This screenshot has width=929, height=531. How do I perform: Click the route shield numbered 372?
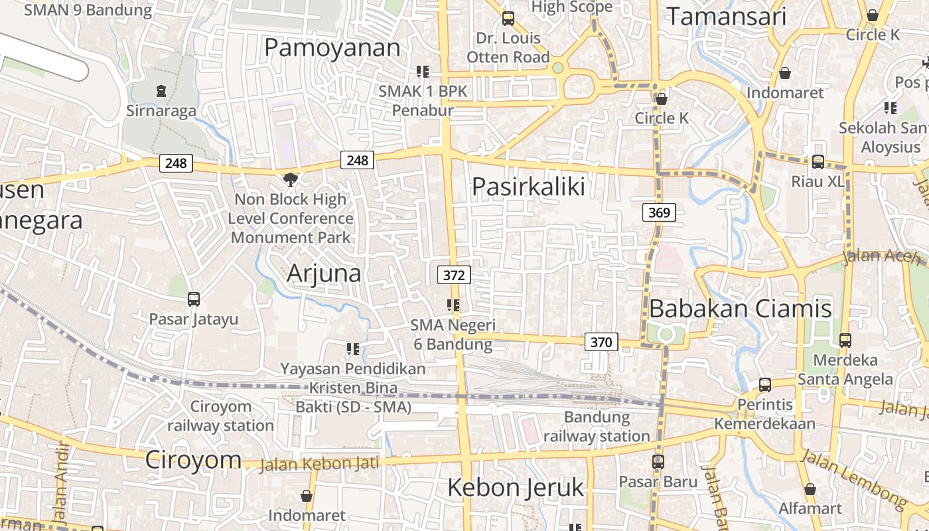454,275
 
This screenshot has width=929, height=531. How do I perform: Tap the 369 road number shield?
658,212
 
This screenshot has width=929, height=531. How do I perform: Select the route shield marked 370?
601,342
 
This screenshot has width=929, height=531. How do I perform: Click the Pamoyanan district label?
332,48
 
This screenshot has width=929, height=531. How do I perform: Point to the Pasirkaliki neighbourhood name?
528,187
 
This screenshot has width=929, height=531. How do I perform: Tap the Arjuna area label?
324,273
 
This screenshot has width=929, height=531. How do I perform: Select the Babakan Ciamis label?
740,309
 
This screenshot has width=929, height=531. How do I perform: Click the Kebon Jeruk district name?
515,487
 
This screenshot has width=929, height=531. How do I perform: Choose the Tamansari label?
726,17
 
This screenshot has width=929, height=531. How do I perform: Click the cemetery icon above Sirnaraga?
161,90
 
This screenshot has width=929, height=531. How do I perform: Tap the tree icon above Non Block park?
290,179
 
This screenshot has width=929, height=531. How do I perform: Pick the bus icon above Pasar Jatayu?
193,299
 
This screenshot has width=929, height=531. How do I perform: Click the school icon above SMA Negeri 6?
453,305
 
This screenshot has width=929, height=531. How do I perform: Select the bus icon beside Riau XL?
818,161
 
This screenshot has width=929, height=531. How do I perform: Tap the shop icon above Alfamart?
810,489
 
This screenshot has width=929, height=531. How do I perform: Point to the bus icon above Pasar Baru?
658,461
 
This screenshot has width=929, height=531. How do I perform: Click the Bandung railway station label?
597,427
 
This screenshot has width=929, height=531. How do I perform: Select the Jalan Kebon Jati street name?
319,463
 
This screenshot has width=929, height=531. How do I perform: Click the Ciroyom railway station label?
220,416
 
